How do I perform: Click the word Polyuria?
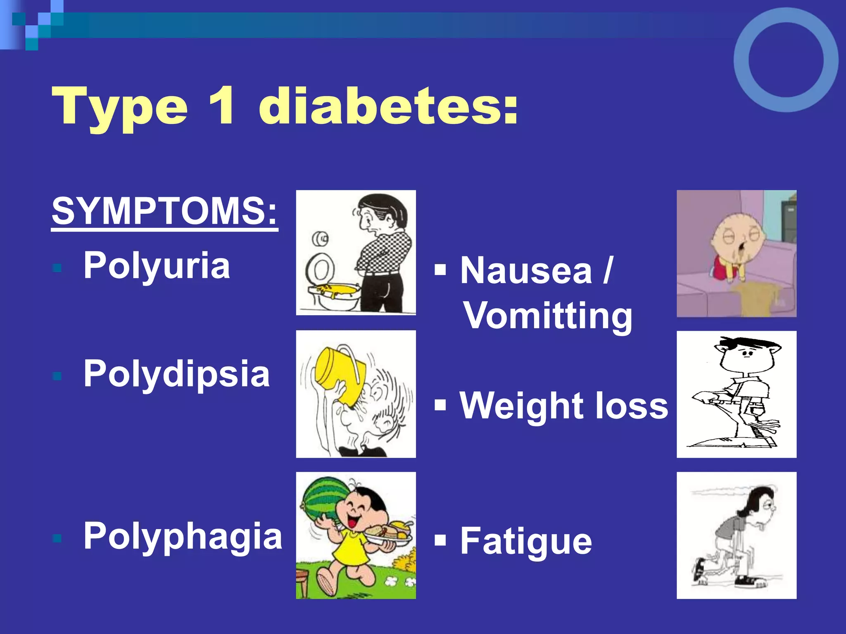coord(157,266)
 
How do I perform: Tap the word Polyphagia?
coord(183,536)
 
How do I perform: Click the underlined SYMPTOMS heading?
coord(164,211)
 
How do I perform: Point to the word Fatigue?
coord(526,542)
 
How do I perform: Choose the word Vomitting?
coord(547,316)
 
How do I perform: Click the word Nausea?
coord(526,271)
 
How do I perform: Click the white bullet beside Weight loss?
coord(440,405)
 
